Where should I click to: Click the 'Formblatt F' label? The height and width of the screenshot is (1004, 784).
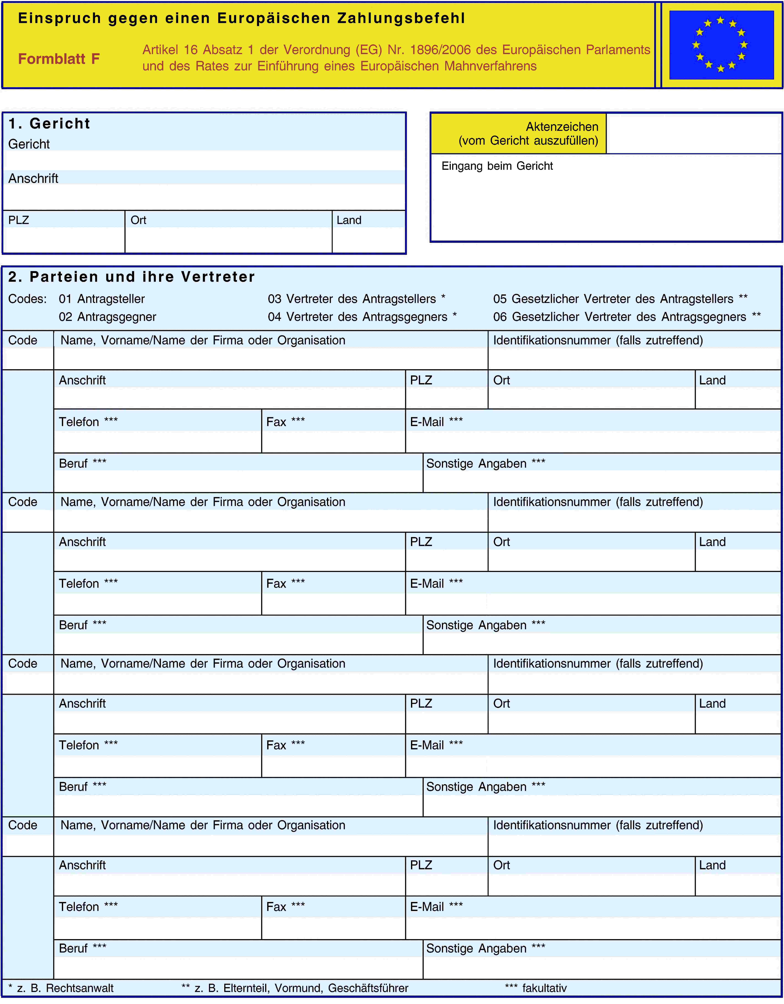tap(59, 59)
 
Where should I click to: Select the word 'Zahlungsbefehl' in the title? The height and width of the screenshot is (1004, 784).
tap(401, 18)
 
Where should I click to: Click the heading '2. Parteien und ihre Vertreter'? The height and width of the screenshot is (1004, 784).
tap(131, 277)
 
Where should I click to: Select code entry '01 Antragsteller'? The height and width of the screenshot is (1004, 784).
tap(102, 299)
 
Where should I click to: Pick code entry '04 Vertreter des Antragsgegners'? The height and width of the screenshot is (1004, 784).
tap(362, 317)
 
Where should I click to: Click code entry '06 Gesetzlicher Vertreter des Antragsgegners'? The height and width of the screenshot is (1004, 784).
tap(627, 317)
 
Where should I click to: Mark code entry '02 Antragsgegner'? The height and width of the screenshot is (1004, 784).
tap(107, 317)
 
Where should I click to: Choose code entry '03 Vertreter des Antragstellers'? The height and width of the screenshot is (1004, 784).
tap(356, 299)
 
